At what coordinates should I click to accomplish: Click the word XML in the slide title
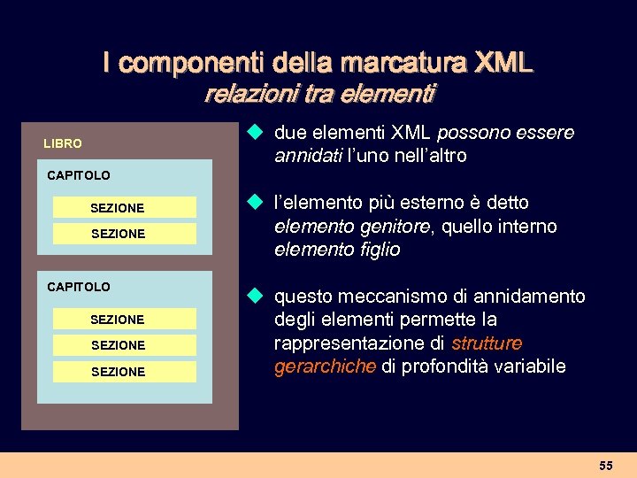504,63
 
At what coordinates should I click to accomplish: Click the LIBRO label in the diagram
63,143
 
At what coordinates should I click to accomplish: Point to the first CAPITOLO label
79,175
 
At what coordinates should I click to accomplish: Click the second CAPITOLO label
79,287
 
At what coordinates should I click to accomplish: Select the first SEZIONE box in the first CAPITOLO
124,208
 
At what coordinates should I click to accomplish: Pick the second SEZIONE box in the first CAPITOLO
124,234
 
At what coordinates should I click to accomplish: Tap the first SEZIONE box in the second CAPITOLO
124,319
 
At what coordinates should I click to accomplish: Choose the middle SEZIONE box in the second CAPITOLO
124,344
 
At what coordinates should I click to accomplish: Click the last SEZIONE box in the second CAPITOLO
124,372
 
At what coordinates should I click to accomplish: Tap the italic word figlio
378,250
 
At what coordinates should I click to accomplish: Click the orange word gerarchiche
325,366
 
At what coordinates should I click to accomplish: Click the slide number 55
605,466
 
